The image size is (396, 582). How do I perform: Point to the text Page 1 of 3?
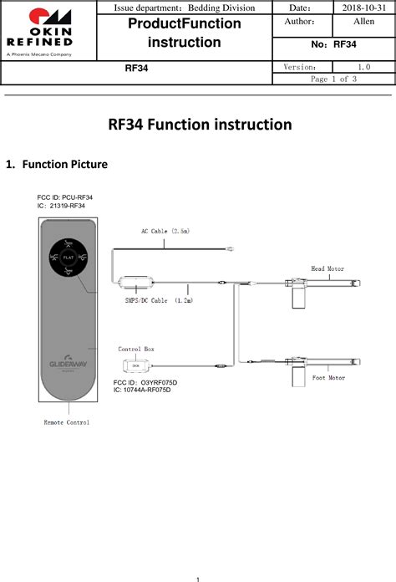coord(333,79)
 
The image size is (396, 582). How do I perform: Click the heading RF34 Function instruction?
coord(200,125)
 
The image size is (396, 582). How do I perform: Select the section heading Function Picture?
coord(64,164)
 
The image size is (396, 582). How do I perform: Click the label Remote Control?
coord(67,422)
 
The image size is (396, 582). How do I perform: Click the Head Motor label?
coord(327,268)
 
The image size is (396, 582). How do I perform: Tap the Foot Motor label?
coord(328,378)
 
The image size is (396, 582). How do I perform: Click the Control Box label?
coord(135,349)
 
